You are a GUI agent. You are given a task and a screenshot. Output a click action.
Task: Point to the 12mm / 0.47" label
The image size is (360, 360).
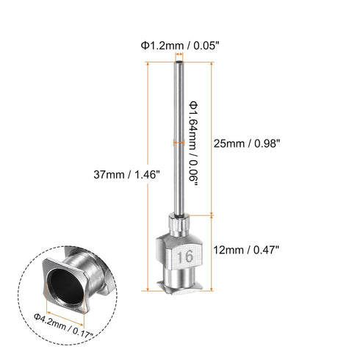(x=248, y=249)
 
